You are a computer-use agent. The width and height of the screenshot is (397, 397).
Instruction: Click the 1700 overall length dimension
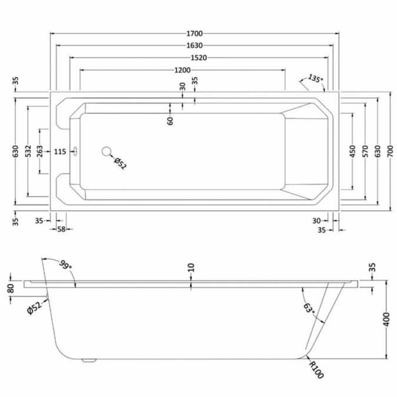pos(195,34)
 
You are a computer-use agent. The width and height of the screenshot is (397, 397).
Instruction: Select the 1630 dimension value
pos(195,45)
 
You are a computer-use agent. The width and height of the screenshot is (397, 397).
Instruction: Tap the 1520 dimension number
pos(199,58)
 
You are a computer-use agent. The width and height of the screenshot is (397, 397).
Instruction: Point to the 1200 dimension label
pos(182,70)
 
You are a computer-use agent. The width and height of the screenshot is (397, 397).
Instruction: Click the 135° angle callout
pos(315,79)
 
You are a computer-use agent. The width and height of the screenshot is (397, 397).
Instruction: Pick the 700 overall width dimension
pos(390,151)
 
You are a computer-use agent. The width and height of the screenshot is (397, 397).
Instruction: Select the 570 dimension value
pos(365,151)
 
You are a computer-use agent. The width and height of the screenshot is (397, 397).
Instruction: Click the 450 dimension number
pos(352,151)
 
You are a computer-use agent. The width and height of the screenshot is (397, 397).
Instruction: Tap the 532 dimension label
pos(28,151)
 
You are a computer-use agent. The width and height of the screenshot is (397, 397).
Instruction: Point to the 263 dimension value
pos(40,151)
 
